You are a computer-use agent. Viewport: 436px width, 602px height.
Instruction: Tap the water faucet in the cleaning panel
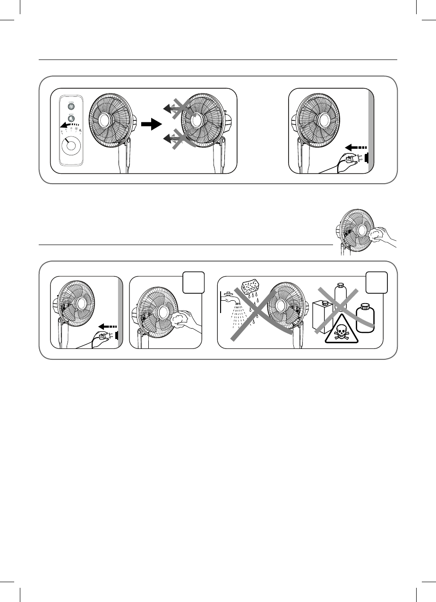coord(228,297)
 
